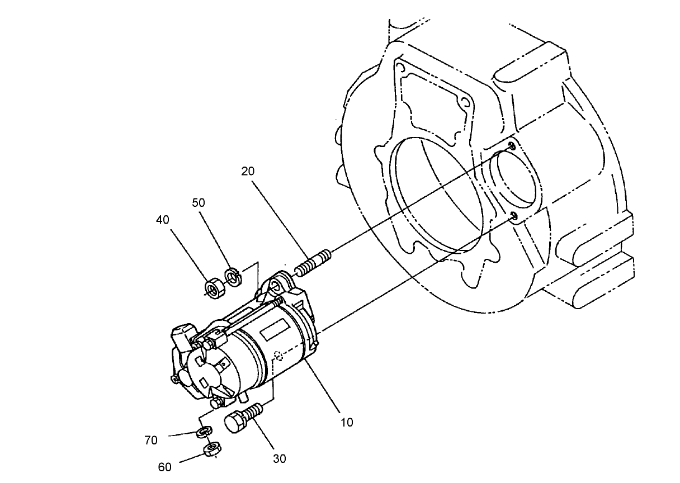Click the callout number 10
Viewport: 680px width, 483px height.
click(347, 422)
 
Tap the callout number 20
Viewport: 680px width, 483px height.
click(248, 171)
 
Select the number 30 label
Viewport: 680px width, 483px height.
click(279, 458)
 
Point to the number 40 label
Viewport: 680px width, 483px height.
click(163, 220)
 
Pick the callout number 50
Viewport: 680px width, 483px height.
click(199, 202)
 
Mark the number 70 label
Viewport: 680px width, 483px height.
click(151, 441)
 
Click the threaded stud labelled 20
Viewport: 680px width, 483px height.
click(313, 263)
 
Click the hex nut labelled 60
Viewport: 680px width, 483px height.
click(212, 449)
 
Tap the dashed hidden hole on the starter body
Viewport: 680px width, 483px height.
click(279, 354)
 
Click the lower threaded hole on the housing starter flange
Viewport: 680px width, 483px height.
click(514, 215)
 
